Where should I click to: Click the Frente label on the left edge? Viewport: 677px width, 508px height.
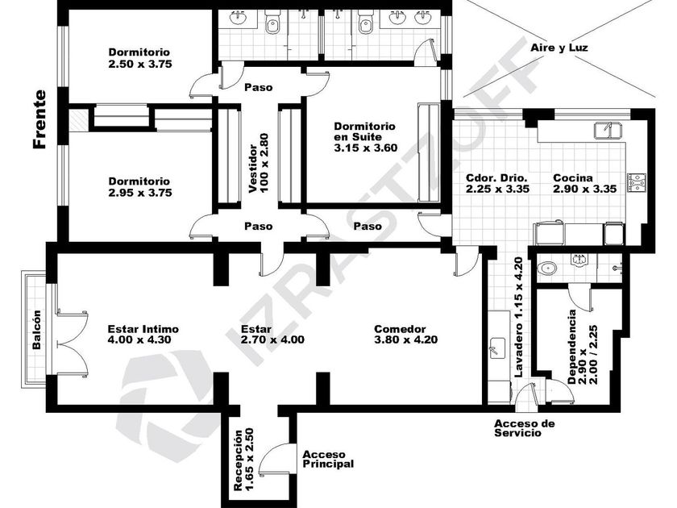[39, 119]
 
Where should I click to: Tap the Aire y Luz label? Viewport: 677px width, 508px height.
[559, 48]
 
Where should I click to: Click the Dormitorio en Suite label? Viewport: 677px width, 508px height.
[365, 137]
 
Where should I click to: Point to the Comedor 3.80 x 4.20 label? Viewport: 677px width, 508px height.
[406, 335]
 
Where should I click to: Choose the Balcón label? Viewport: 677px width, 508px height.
[37, 330]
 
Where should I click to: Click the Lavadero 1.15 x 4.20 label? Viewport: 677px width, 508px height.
[518, 317]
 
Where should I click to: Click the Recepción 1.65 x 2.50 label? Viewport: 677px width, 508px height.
[243, 459]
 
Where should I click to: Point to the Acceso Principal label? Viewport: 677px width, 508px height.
[328, 459]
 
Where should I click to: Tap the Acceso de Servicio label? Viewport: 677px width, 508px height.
[524, 428]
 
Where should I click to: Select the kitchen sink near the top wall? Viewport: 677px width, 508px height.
[608, 130]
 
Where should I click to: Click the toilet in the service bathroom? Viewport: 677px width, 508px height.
[547, 269]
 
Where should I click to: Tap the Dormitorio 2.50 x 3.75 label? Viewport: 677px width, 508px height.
[140, 58]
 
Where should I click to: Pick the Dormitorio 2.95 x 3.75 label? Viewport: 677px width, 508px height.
[140, 187]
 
